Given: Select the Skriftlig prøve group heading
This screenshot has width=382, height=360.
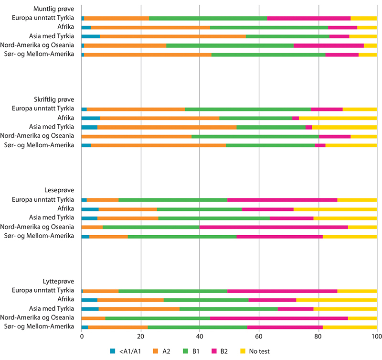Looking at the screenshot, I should [x=54, y=99].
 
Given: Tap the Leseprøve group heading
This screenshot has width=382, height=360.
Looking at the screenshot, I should [x=59, y=190].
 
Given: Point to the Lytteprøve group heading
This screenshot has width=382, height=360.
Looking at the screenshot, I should [x=58, y=281].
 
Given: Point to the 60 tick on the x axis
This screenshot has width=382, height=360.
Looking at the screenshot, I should [x=259, y=337].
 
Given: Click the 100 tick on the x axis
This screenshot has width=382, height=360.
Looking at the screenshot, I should [x=377, y=337].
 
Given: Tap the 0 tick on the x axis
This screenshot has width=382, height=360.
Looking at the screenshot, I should [x=82, y=337].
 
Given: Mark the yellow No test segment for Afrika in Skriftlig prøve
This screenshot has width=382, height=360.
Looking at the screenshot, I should [x=338, y=118].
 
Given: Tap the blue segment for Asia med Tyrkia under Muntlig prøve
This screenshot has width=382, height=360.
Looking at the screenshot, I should [x=91, y=36].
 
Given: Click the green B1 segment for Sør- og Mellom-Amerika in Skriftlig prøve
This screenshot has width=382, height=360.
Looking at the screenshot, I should [x=270, y=145].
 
